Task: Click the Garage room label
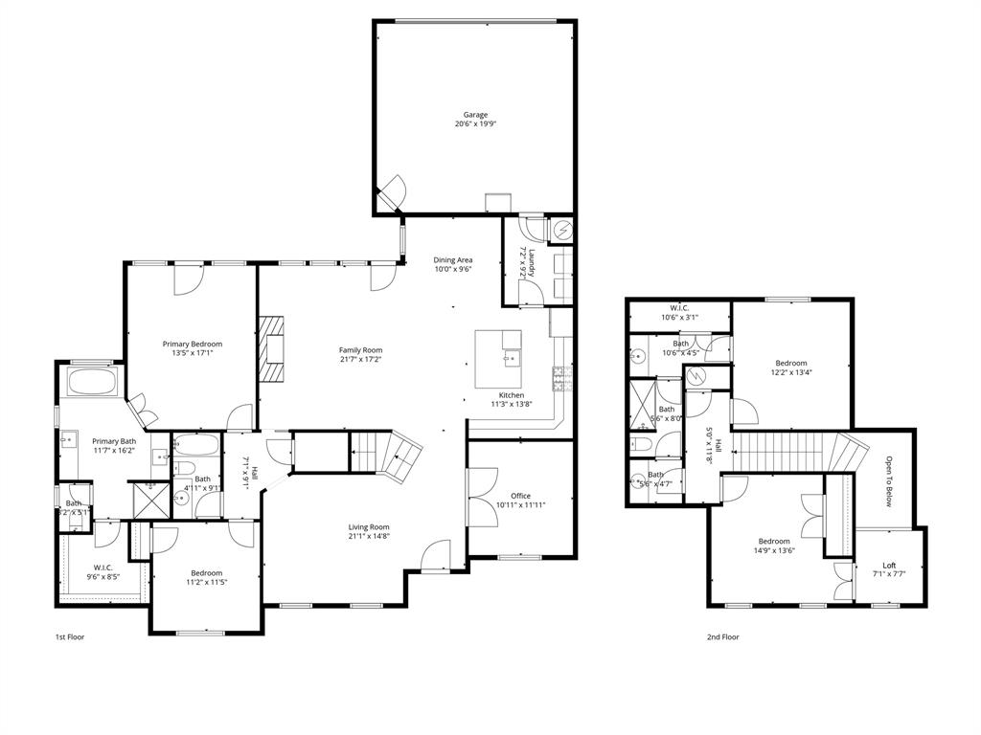[x=475, y=115]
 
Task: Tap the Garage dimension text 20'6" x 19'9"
[x=475, y=124]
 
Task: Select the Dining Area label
[x=452, y=259]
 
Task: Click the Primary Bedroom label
[x=192, y=344]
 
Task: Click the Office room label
[x=520, y=496]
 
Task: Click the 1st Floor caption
[x=69, y=636]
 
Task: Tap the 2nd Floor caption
[x=722, y=636]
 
